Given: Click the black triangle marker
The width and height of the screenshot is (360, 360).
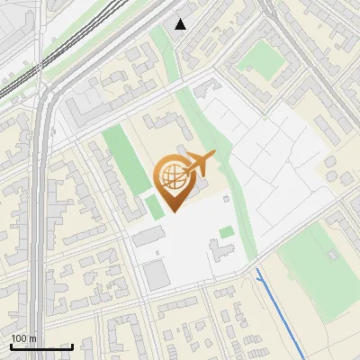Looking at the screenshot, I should coord(181,24).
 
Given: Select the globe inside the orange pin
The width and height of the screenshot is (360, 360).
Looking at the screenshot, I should coord(172,177).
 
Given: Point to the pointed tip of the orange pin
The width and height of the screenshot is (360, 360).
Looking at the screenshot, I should coord(172,212).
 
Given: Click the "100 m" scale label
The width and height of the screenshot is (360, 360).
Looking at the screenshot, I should coord(23,338).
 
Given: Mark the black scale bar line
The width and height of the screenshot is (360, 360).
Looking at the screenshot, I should coord(41,346).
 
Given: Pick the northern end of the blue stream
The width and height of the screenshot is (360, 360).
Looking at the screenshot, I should coord(257,270).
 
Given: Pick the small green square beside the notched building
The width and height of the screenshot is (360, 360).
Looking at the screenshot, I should coord(227,232).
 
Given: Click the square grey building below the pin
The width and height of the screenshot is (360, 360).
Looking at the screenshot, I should coord(157,275).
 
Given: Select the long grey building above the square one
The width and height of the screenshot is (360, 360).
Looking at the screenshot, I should coord(148,237).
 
